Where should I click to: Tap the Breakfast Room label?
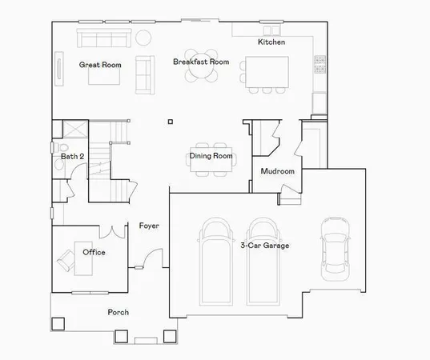(x=201, y=62)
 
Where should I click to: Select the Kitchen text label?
(x=271, y=42)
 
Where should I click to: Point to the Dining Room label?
(x=211, y=156)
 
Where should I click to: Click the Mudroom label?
(x=278, y=171)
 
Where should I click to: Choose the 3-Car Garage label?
(x=265, y=246)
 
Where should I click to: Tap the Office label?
(x=94, y=252)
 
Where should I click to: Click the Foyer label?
(x=149, y=226)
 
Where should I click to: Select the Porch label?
(x=119, y=312)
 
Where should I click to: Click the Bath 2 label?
(x=72, y=157)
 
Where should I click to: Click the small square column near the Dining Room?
(x=170, y=122)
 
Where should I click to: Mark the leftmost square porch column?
(x=57, y=325)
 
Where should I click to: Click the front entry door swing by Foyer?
(x=155, y=261)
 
